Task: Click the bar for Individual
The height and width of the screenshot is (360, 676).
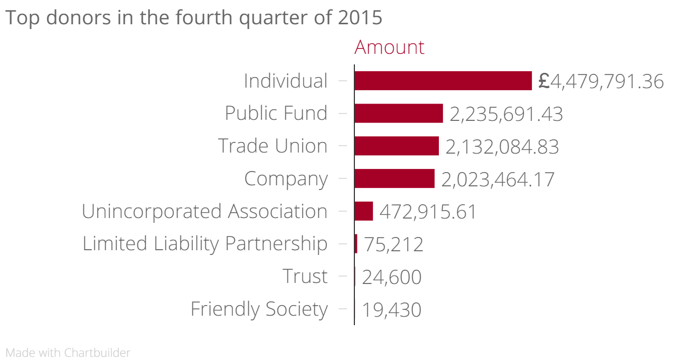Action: (443, 81)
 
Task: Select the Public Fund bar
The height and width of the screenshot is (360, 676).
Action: (398, 113)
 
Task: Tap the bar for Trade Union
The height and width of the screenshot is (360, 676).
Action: (396, 146)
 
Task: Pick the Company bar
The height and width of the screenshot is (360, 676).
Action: (394, 178)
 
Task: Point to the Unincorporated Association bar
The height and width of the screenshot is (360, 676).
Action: (363, 211)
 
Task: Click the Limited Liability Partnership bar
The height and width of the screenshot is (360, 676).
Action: (356, 244)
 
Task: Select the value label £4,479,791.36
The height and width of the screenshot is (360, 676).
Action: (601, 81)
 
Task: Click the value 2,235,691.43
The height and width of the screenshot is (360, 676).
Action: (506, 114)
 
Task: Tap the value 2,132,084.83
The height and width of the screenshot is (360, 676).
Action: (502, 147)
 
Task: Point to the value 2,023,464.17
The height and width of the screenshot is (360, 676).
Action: (497, 179)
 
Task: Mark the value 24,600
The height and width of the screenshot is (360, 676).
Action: (391, 277)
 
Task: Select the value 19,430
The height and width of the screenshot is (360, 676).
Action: (391, 310)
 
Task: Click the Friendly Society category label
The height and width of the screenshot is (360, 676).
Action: (259, 309)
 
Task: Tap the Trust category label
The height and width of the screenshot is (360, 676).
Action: (305, 276)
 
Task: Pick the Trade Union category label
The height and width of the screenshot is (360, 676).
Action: (273, 146)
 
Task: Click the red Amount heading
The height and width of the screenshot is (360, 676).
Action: (389, 47)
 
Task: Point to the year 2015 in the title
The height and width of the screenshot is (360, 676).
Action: (360, 17)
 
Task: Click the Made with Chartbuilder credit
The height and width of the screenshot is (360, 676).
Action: (68, 353)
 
